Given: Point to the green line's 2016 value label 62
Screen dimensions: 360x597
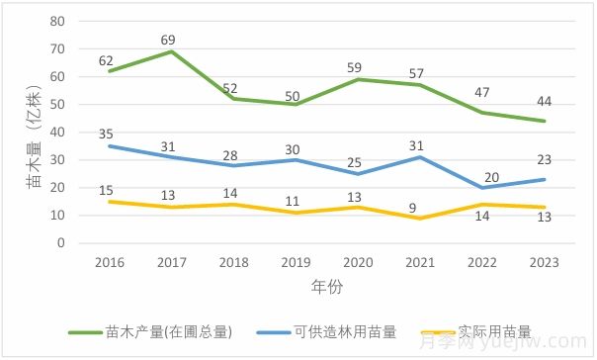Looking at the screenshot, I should pos(107,60).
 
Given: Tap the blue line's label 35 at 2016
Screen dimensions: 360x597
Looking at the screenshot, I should pos(106,133).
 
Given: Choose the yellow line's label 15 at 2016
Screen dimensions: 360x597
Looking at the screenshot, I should pos(106,189).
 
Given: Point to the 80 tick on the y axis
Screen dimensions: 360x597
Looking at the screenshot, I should pos(56,21).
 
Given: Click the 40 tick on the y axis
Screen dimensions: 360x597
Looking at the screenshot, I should pos(56,132).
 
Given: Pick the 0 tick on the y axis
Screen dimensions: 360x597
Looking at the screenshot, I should pos(60,242).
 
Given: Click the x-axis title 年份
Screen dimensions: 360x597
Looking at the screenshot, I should pos(325,287).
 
